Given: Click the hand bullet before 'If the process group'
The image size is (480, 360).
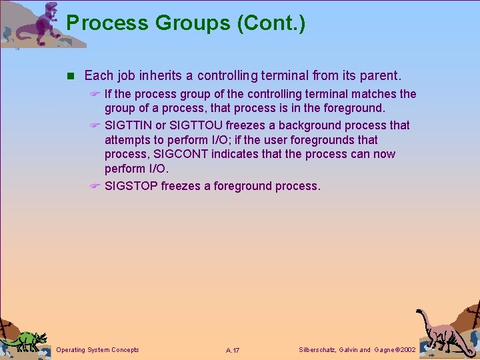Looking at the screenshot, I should [95, 95].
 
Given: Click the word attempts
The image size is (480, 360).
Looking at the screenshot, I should [129, 140].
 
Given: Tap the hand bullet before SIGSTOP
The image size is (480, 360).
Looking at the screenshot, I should [95, 186].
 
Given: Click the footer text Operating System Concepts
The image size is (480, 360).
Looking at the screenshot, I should [98, 350].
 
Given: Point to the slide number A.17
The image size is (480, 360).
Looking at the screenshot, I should [233, 351].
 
